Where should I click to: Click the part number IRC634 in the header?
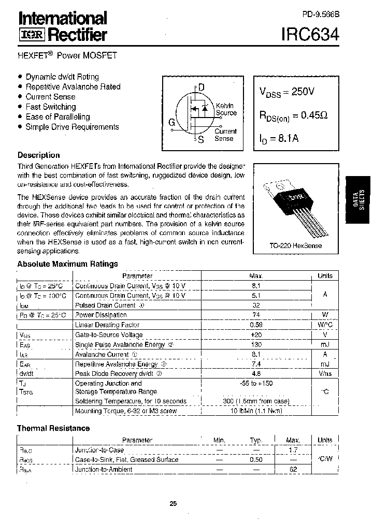pyautogui.click(x=310, y=34)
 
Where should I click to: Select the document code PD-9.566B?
pyautogui.click(x=320, y=16)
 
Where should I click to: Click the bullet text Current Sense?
pyautogui.click(x=50, y=97)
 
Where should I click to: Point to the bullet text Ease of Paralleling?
pyautogui.click(x=58, y=117)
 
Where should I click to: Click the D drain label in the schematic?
pyautogui.click(x=201, y=88)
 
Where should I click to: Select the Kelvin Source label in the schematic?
pyautogui.click(x=226, y=109)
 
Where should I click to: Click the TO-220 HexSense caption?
pyautogui.click(x=295, y=245)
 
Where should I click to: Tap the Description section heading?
pyautogui.click(x=39, y=155)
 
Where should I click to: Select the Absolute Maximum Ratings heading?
pyautogui.click(x=68, y=264)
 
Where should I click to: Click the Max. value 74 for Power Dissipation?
pyautogui.click(x=256, y=315)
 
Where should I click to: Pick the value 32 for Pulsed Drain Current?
pyautogui.click(x=256, y=305)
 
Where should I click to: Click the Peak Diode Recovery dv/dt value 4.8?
pyautogui.click(x=256, y=373)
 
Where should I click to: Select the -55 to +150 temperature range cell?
pyautogui.click(x=256, y=383)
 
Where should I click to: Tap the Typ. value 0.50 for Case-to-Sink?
pyautogui.click(x=256, y=460)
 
